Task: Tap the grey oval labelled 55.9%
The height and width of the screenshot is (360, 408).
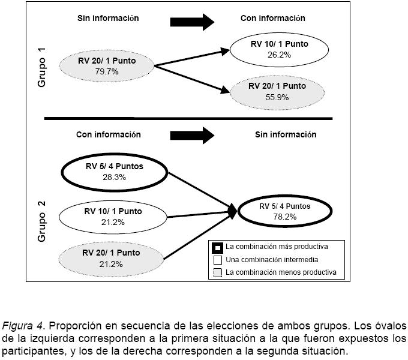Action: [277, 91]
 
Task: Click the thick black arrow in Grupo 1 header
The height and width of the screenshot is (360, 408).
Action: [192, 22]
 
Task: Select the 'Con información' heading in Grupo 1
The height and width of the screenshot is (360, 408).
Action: [273, 19]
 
